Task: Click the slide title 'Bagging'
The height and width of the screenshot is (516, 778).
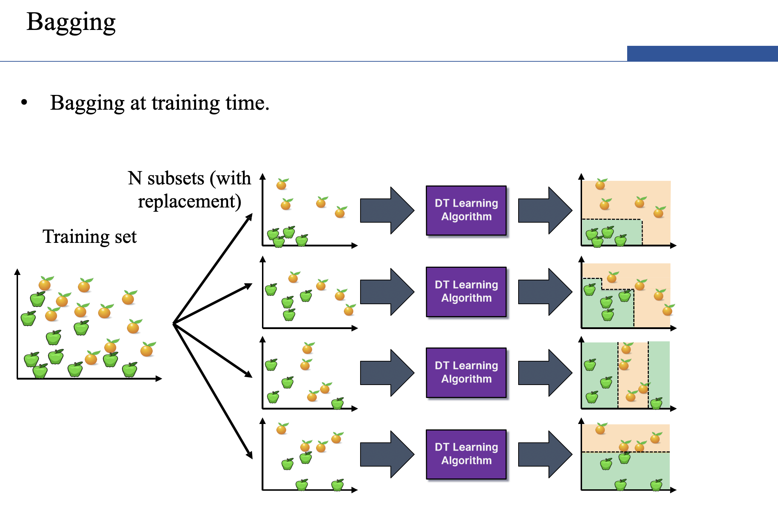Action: pos(71,22)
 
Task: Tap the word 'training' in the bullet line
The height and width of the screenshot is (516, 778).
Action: pos(185,103)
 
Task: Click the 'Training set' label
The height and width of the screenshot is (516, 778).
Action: pos(89,237)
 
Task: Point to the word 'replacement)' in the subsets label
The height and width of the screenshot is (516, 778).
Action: pos(189,201)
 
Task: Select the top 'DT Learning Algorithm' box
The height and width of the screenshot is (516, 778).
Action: pos(466,210)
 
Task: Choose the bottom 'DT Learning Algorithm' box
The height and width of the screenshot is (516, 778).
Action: pos(466,454)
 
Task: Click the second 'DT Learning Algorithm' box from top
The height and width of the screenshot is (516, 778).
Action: pos(466,292)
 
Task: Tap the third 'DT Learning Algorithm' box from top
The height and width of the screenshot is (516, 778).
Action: pos(466,372)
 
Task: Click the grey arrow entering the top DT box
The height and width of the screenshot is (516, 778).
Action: pos(387,210)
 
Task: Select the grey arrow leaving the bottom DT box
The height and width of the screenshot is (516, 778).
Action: pos(545,454)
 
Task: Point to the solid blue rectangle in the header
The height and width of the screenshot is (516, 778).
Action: pos(702,53)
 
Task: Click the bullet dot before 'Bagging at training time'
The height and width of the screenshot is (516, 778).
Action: pos(24,102)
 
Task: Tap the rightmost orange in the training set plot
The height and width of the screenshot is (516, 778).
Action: pos(147,349)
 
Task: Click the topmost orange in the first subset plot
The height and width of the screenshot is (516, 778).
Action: pos(282,184)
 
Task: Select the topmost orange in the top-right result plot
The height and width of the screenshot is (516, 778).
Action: pos(601,184)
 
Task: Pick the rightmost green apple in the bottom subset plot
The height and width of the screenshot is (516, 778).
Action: pos(338,485)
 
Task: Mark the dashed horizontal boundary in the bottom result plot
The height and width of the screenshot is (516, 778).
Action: pos(626,452)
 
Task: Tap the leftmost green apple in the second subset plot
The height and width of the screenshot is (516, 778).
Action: pos(271,289)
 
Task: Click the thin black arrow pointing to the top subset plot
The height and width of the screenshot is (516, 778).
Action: pos(213,268)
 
